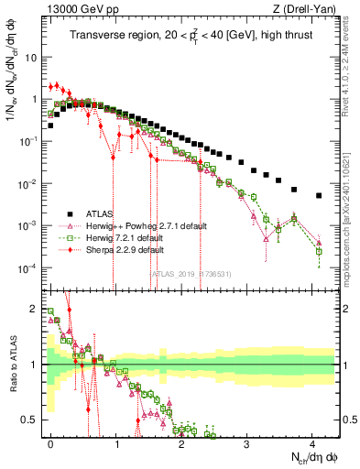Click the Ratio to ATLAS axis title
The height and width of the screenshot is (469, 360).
tap(12, 366)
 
